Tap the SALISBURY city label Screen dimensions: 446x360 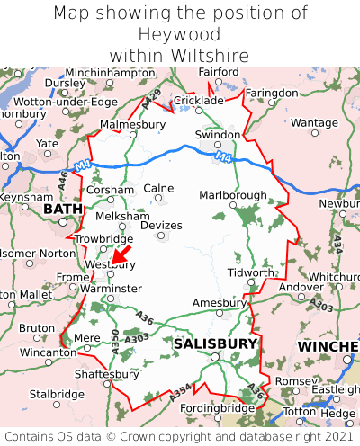click(215, 343)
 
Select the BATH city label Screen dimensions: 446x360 click(62, 209)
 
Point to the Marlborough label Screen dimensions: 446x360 click(232, 195)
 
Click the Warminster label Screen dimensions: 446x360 click(112, 289)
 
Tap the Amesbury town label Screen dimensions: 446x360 click(219, 303)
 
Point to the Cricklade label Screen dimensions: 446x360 click(197, 101)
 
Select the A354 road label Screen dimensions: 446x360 click(180, 389)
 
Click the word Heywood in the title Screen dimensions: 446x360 click(180, 34)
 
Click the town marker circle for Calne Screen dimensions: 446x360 click(159, 201)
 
